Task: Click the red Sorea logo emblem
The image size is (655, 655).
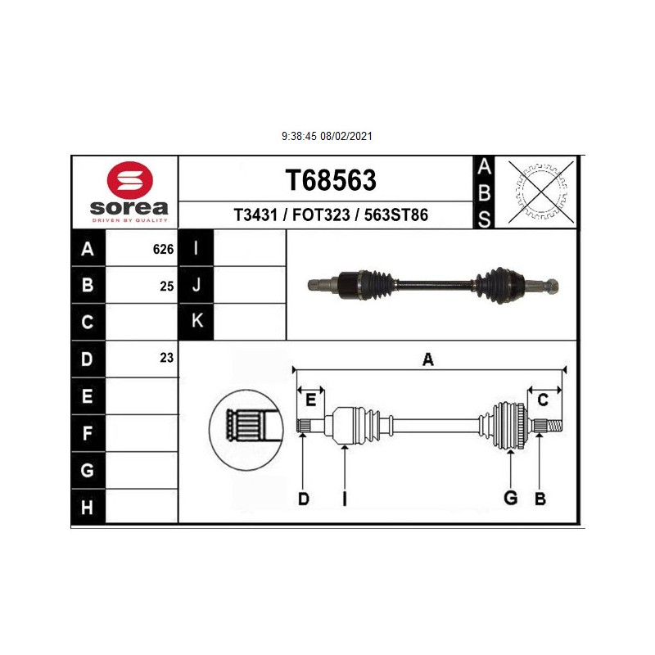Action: pyautogui.click(x=130, y=179)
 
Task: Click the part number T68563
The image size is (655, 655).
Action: pyautogui.click(x=331, y=180)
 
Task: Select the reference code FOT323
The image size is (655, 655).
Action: pyautogui.click(x=321, y=215)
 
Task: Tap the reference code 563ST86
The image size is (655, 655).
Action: pyautogui.click(x=396, y=215)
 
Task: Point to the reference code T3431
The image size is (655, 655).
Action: pyautogui.click(x=255, y=215)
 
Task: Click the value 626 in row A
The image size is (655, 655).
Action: pyautogui.click(x=163, y=249)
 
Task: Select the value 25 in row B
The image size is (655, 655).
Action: pyautogui.click(x=167, y=286)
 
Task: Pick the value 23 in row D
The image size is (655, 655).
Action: pyautogui.click(x=167, y=358)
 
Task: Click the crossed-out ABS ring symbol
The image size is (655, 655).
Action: pyautogui.click(x=541, y=192)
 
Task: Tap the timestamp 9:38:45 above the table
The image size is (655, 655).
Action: pyautogui.click(x=299, y=136)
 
